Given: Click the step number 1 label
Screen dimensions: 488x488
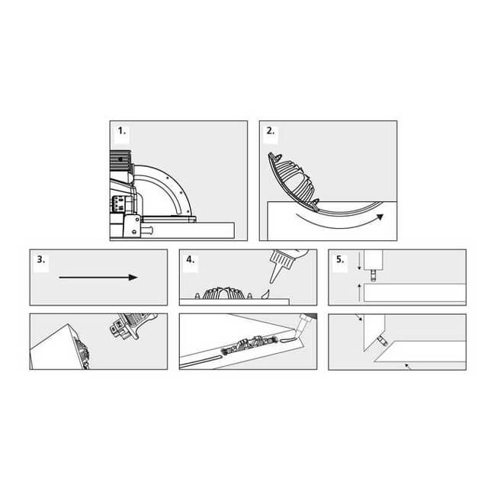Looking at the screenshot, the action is tap(122, 131).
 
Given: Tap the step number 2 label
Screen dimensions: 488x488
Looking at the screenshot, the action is tap(271, 131).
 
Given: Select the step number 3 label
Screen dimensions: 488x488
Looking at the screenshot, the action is tap(40, 259).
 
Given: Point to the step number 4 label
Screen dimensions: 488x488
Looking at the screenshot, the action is tap(190, 259).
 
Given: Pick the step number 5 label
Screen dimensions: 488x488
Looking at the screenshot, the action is tap(340, 259).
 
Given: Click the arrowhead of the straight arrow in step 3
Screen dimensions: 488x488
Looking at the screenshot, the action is tap(133, 278).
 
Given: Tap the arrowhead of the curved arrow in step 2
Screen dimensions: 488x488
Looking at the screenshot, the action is tap(380, 217).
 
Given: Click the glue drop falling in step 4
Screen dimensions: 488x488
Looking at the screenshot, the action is tap(265, 294).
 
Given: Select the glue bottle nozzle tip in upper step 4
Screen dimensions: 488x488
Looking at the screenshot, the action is tap(271, 282).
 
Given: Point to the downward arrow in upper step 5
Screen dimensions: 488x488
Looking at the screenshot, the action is tap(359, 261).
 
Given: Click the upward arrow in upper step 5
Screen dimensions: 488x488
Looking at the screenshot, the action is tap(359, 292).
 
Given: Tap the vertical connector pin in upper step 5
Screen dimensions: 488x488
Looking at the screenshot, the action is tap(373, 274).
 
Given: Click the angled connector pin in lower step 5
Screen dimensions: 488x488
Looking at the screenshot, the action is tap(382, 340).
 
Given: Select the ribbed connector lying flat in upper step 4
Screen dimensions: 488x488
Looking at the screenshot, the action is tap(223, 293).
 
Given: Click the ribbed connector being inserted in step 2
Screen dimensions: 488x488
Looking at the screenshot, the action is tap(293, 183).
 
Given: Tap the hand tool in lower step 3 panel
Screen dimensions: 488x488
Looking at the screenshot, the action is tap(132, 326).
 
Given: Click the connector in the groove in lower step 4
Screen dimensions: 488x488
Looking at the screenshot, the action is tap(249, 345).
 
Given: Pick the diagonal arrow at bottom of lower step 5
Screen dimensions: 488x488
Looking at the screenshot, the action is tap(409, 366).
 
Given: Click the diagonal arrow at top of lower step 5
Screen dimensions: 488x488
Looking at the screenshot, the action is tap(358, 317).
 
